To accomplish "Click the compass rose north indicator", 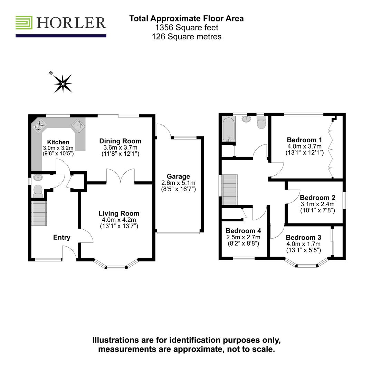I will (63, 84).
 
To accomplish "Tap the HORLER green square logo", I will (24, 22).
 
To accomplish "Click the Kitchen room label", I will (58, 142).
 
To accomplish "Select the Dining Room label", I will (120, 141).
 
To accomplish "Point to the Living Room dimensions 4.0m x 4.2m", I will (119, 220).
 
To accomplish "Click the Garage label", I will (178, 176).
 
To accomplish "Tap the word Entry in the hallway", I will (62, 238).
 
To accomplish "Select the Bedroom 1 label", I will (304, 140).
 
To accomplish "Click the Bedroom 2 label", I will (317, 198).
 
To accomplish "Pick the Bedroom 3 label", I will (303, 238).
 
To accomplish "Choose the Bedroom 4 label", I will (243, 231).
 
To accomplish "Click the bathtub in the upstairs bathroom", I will (229, 129).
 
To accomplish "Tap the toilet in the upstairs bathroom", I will (261, 122).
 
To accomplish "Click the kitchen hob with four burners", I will (40, 125).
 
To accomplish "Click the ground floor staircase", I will (39, 213).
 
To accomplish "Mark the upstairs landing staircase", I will (230, 190).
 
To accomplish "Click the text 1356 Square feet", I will (186, 27).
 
